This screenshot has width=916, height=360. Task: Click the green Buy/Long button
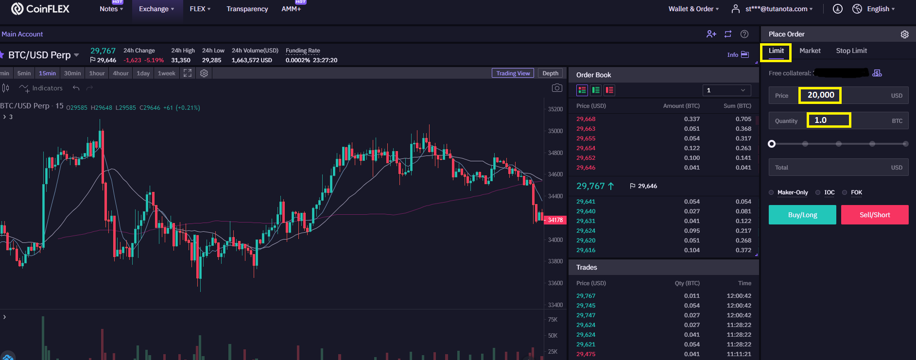coord(802,215)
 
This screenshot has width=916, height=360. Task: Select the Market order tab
coord(810,51)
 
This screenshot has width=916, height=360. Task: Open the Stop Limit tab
coord(851,51)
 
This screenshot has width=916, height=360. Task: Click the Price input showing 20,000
coord(838,95)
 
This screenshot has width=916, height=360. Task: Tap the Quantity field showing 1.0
coord(838,120)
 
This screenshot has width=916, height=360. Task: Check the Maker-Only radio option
coord(771,192)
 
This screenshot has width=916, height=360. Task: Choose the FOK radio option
coord(845,192)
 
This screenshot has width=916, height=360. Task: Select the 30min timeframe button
coord(72,73)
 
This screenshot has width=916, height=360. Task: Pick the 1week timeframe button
coord(166,73)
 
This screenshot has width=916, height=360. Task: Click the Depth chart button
coord(550,73)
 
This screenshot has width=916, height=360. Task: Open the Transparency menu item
coord(247,9)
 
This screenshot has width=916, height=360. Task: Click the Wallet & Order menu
coord(693,9)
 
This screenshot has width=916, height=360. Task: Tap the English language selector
coord(874,9)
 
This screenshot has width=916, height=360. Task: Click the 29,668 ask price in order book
coord(586,119)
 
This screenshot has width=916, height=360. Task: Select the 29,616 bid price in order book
coord(586,250)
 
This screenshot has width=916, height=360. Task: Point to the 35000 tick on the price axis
coord(555,131)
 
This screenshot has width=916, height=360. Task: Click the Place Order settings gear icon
coord(904,34)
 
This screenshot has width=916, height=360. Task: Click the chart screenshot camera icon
coord(557,88)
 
